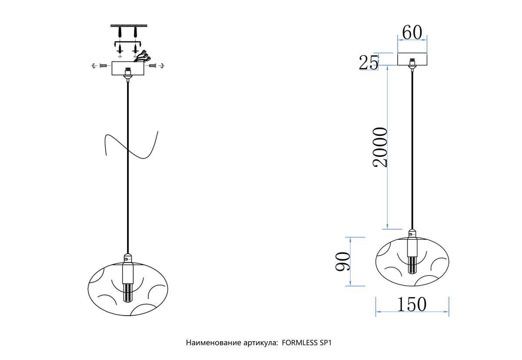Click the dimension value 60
click(x=412, y=33)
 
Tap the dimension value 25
click(x=368, y=63)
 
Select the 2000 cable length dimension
click(x=380, y=148)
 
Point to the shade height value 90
click(x=343, y=261)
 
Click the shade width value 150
click(x=412, y=304)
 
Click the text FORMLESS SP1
click(x=307, y=343)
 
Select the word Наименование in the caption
click(x=213, y=343)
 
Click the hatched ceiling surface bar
click(x=129, y=25)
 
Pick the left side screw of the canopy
click(x=103, y=66)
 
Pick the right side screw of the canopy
click(x=152, y=66)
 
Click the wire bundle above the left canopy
click(x=142, y=56)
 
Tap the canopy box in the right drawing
click(x=412, y=59)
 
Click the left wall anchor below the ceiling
click(x=120, y=32)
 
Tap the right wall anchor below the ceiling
click(x=135, y=32)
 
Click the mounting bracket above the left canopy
click(x=128, y=43)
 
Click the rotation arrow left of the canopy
click(x=94, y=66)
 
